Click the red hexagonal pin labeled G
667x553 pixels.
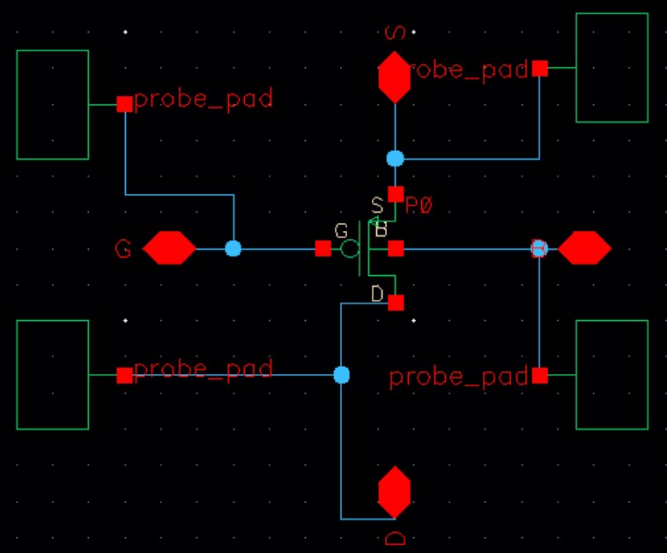click(169, 249)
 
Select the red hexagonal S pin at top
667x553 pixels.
click(395, 77)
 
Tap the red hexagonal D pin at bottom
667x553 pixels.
click(395, 493)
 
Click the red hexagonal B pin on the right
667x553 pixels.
click(584, 249)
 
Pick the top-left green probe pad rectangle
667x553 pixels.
click(53, 105)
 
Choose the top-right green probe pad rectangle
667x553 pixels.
click(611, 68)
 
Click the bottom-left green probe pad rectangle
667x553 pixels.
click(53, 375)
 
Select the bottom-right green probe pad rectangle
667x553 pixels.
click(611, 375)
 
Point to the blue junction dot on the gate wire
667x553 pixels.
click(233, 249)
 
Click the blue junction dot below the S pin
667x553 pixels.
click(396, 159)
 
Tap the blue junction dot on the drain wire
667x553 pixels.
click(342, 375)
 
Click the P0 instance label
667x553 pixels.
click(421, 206)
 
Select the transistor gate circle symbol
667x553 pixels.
click(350, 249)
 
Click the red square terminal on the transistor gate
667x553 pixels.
click(323, 249)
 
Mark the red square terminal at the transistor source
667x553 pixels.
click(396, 194)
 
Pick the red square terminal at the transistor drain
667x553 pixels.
click(396, 303)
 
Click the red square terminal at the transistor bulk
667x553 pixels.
click(396, 249)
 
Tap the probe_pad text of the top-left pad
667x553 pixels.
click(204, 99)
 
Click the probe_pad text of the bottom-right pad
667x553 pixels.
click(458, 377)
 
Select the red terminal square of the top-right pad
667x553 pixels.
click(540, 68)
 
